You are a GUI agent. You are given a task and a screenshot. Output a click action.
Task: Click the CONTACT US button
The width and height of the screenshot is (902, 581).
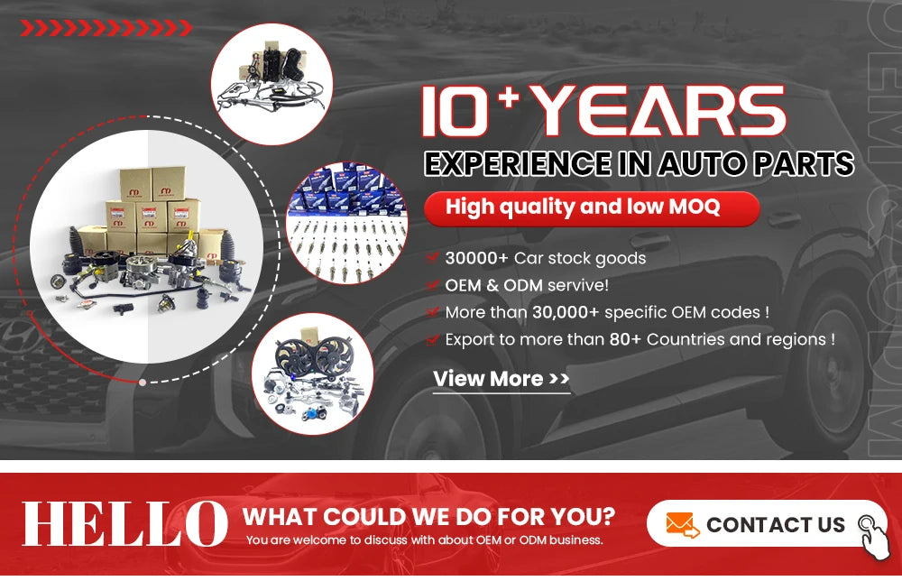click(766, 524)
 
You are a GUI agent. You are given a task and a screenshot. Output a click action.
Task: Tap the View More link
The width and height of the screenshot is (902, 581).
click(501, 379)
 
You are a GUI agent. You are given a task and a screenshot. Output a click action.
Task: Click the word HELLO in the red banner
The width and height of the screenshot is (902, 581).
click(124, 523)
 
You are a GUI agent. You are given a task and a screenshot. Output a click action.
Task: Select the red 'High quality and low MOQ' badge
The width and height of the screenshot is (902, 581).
click(592, 207)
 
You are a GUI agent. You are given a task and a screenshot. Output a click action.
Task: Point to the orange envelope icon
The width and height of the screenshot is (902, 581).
click(682, 525)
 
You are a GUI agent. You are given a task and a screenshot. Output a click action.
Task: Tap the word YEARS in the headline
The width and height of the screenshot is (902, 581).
click(660, 111)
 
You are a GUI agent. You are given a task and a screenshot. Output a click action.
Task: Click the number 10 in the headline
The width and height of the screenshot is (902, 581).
click(456, 111)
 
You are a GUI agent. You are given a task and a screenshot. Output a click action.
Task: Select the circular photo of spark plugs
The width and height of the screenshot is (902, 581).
click(347, 223)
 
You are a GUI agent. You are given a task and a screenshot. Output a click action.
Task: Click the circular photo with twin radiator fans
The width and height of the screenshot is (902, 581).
click(312, 373)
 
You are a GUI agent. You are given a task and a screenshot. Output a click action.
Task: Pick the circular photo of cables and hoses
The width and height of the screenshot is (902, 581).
click(272, 84)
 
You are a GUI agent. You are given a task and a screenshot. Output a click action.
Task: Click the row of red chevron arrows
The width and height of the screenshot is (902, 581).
click(106, 28)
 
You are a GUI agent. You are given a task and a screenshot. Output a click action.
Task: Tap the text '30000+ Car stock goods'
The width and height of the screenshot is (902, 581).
click(546, 258)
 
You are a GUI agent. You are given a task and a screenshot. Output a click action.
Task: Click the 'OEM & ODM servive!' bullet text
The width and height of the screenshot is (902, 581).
click(527, 285)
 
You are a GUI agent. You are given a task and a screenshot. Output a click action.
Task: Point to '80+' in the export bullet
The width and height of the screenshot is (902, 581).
click(625, 339)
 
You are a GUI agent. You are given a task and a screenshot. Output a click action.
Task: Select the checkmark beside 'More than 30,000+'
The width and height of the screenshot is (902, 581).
click(433, 312)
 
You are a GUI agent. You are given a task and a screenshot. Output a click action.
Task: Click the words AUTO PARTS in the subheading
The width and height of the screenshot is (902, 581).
click(756, 164)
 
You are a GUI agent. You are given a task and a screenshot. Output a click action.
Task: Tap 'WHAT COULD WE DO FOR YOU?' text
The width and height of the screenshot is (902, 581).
click(428, 517)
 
